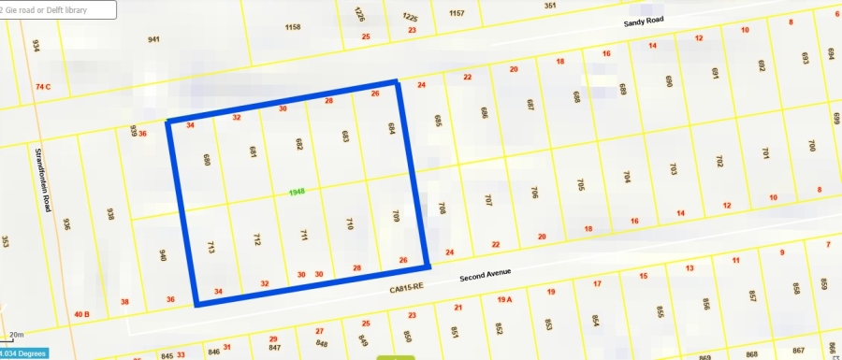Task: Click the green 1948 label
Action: coord(298,192)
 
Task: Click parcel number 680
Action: coord(206,160)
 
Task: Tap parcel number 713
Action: coord(210,248)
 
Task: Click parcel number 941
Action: coord(153,39)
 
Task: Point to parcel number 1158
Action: coord(293,27)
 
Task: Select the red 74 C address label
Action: coord(42,87)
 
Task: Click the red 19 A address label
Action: coord(505,299)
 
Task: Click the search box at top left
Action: coord(58,9)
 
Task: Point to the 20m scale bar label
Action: coord(16,334)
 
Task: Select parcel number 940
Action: coord(163,255)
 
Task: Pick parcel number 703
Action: coord(673,169)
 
